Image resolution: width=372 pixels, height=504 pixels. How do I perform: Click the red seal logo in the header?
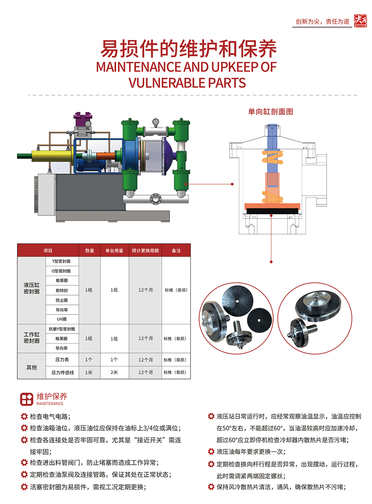click(x=360, y=21)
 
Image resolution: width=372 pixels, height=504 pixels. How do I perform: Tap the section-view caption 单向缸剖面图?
click(x=271, y=112)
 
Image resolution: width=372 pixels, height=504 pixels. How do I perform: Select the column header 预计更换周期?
click(x=145, y=251)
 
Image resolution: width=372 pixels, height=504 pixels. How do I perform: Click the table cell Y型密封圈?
click(x=61, y=262)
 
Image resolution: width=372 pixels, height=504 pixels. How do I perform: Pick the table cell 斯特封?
click(x=61, y=290)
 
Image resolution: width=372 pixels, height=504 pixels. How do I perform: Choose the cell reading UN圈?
click(x=61, y=319)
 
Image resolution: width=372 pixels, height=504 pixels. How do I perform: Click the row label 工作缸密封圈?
click(x=32, y=338)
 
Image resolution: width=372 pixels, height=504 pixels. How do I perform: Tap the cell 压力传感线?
click(x=63, y=372)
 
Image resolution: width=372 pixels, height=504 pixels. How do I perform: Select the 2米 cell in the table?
click(x=114, y=372)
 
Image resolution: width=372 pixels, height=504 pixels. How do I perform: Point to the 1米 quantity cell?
click(x=89, y=372)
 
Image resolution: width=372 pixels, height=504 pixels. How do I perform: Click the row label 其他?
click(x=32, y=367)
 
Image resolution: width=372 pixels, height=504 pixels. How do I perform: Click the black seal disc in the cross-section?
click(x=272, y=211)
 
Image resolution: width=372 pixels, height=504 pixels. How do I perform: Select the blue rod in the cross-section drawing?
click(x=272, y=148)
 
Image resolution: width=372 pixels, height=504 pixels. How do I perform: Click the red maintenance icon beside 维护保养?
click(x=27, y=399)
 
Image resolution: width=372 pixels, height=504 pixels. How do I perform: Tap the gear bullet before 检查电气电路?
click(x=24, y=416)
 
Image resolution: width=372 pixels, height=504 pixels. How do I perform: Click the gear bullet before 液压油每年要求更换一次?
click(x=211, y=451)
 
